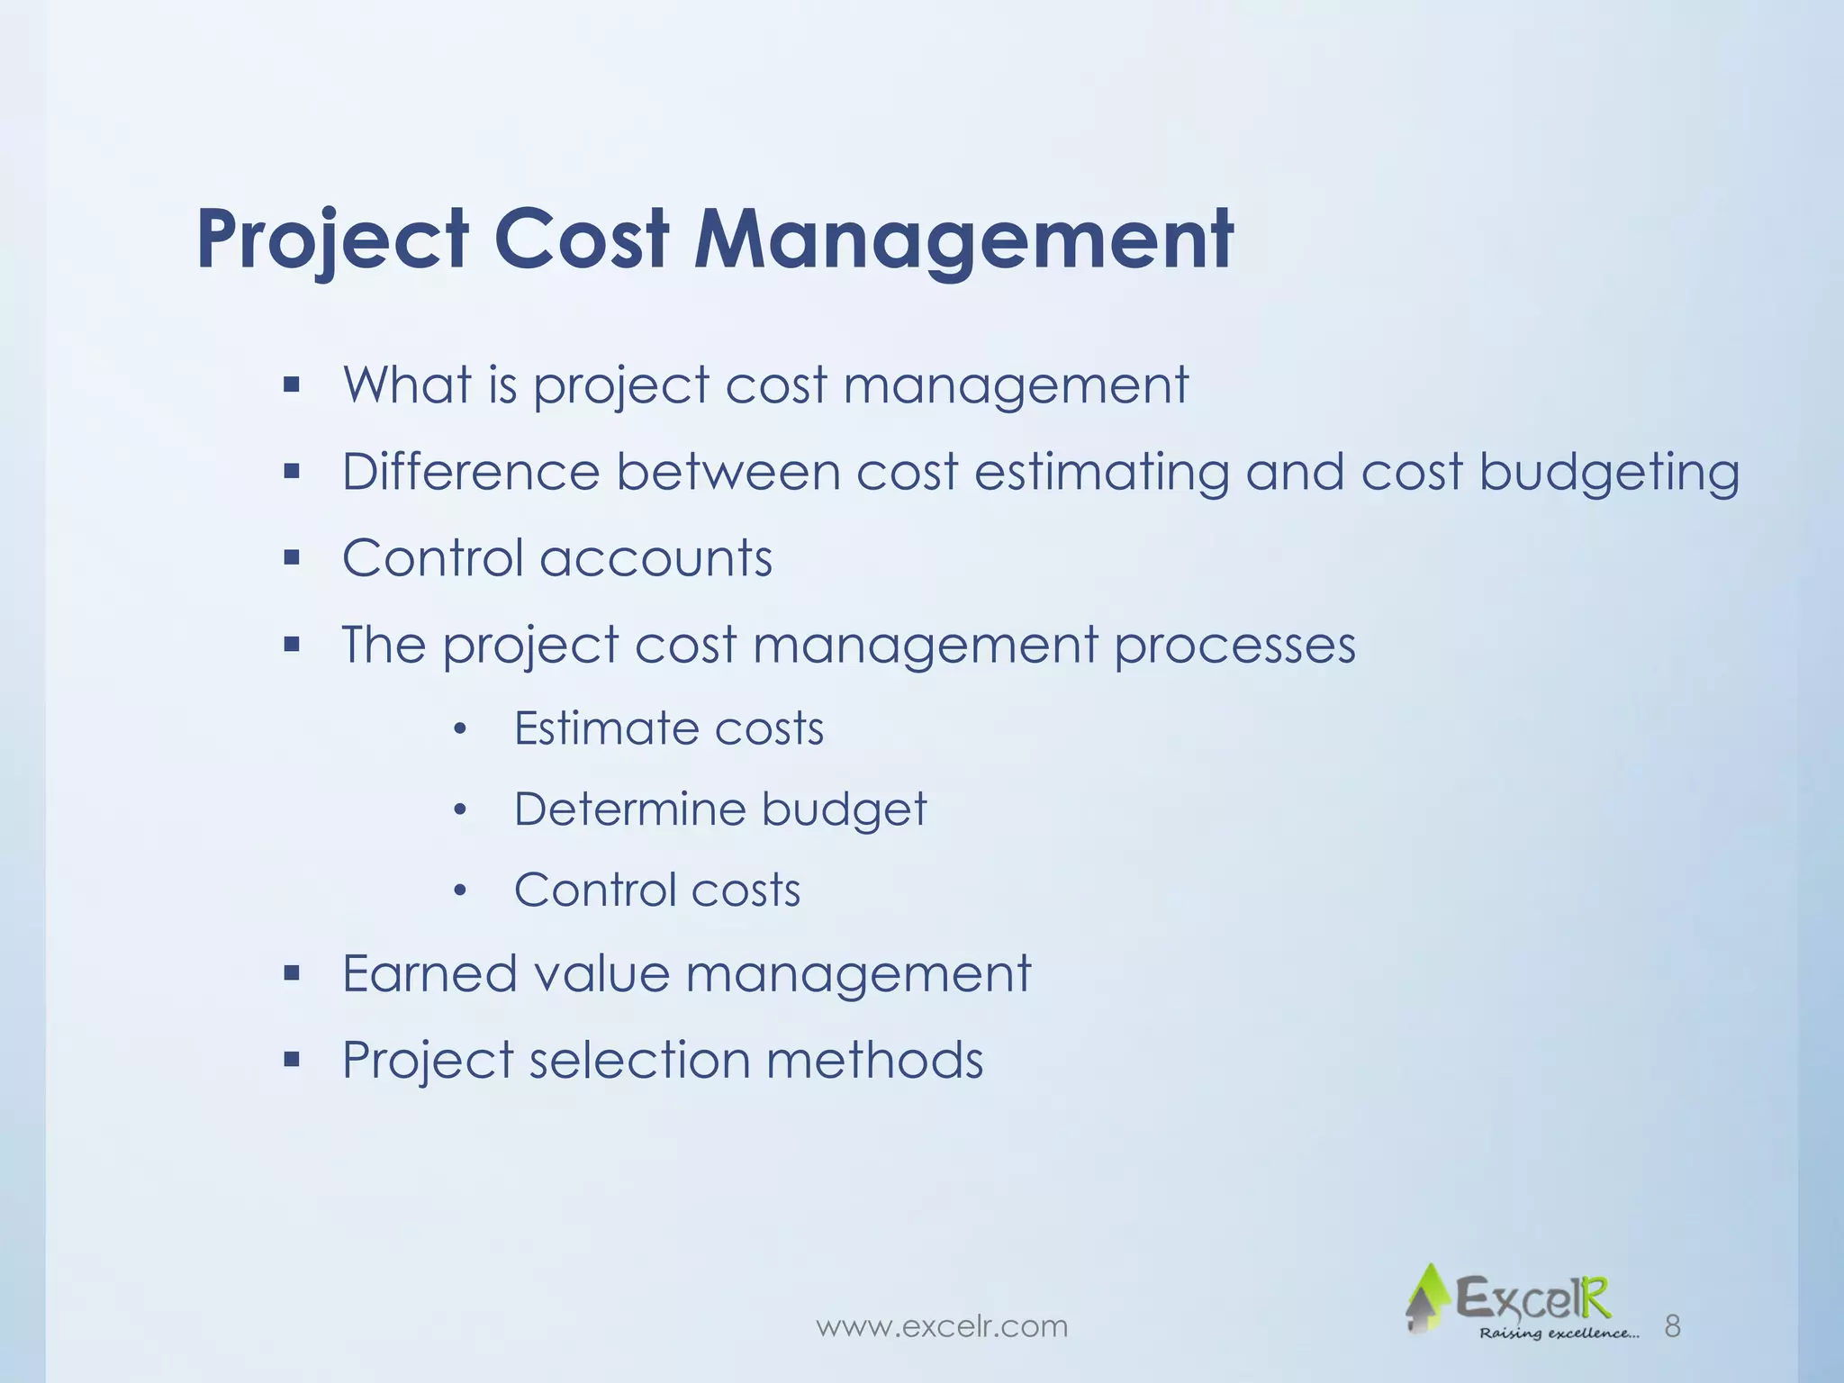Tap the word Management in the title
tap(963, 241)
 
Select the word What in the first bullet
tap(407, 385)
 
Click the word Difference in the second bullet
tap(470, 472)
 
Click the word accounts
tap(655, 558)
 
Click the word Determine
tap(629, 809)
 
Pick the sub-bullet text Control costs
tap(657, 890)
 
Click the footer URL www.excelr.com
tap(941, 1325)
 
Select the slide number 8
tap(1672, 1325)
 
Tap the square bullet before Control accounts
tap(291, 558)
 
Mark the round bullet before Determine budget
tap(460, 809)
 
